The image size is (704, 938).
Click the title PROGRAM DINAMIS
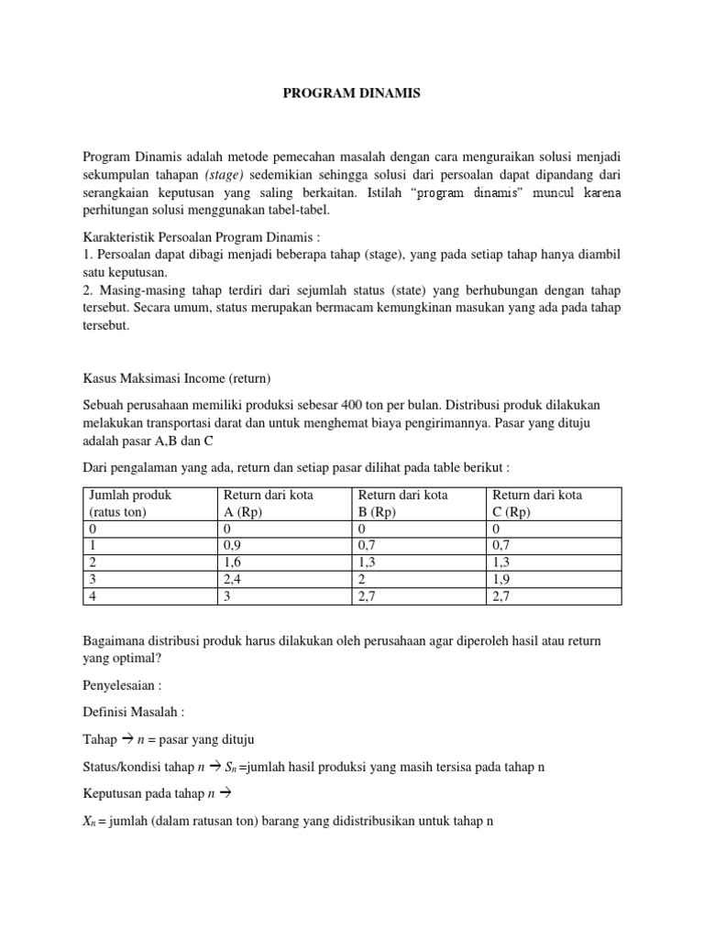click(351, 93)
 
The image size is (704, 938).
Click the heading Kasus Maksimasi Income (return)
click(177, 377)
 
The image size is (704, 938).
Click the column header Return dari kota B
click(402, 503)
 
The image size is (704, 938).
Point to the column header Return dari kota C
click(536, 503)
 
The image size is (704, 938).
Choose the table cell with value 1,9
click(502, 580)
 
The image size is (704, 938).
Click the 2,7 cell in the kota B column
click(368, 596)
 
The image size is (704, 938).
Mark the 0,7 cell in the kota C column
click(502, 545)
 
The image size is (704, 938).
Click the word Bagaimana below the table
click(115, 641)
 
